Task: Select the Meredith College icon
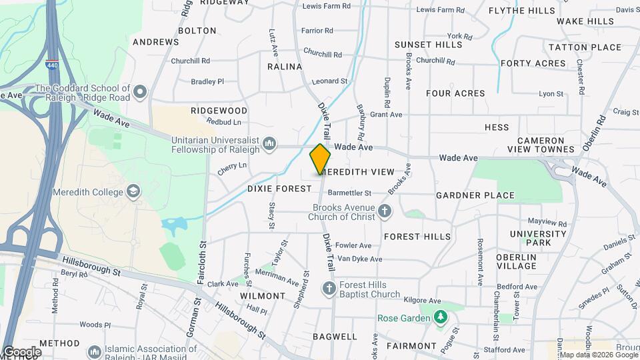pyautogui.click(x=133, y=193)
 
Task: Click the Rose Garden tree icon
pyautogui.click(x=439, y=318)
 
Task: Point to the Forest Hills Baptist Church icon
pyautogui.click(x=329, y=289)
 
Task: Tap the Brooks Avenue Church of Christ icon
pyautogui.click(x=384, y=212)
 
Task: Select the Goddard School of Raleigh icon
pyautogui.click(x=139, y=92)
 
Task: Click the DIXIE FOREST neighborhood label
pyautogui.click(x=279, y=189)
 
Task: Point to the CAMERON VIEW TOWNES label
pyautogui.click(x=545, y=145)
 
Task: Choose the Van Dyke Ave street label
pyautogui.click(x=359, y=259)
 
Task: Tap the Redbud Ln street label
pyautogui.click(x=225, y=123)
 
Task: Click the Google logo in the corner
pyautogui.click(x=22, y=352)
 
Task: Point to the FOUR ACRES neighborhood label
pyautogui.click(x=455, y=93)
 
